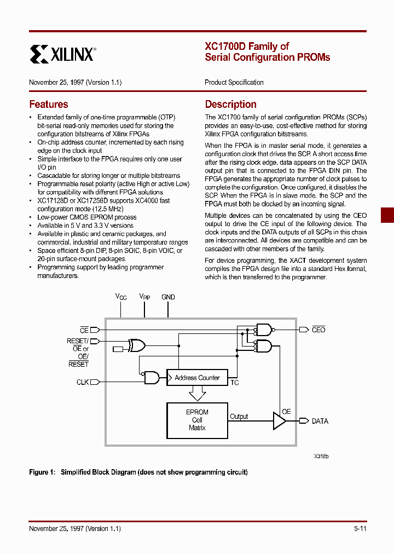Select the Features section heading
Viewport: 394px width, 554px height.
49,105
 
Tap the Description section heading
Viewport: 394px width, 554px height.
230,105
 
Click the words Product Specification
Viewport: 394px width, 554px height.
234,83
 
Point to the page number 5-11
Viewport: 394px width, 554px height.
360,528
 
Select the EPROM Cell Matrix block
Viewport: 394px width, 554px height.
197,420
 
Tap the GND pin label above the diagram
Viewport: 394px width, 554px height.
168,297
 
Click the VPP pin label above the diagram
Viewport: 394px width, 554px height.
144,297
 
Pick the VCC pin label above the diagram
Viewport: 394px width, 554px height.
121,297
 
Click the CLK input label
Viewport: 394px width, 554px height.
83,382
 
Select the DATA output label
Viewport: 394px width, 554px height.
320,421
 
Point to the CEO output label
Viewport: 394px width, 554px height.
318,330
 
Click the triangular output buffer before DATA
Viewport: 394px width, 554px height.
279,420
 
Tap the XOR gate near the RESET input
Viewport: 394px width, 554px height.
136,345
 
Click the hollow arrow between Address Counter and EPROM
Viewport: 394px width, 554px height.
197,394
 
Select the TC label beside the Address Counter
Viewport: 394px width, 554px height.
234,383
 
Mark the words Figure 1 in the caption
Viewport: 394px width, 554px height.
42,472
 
